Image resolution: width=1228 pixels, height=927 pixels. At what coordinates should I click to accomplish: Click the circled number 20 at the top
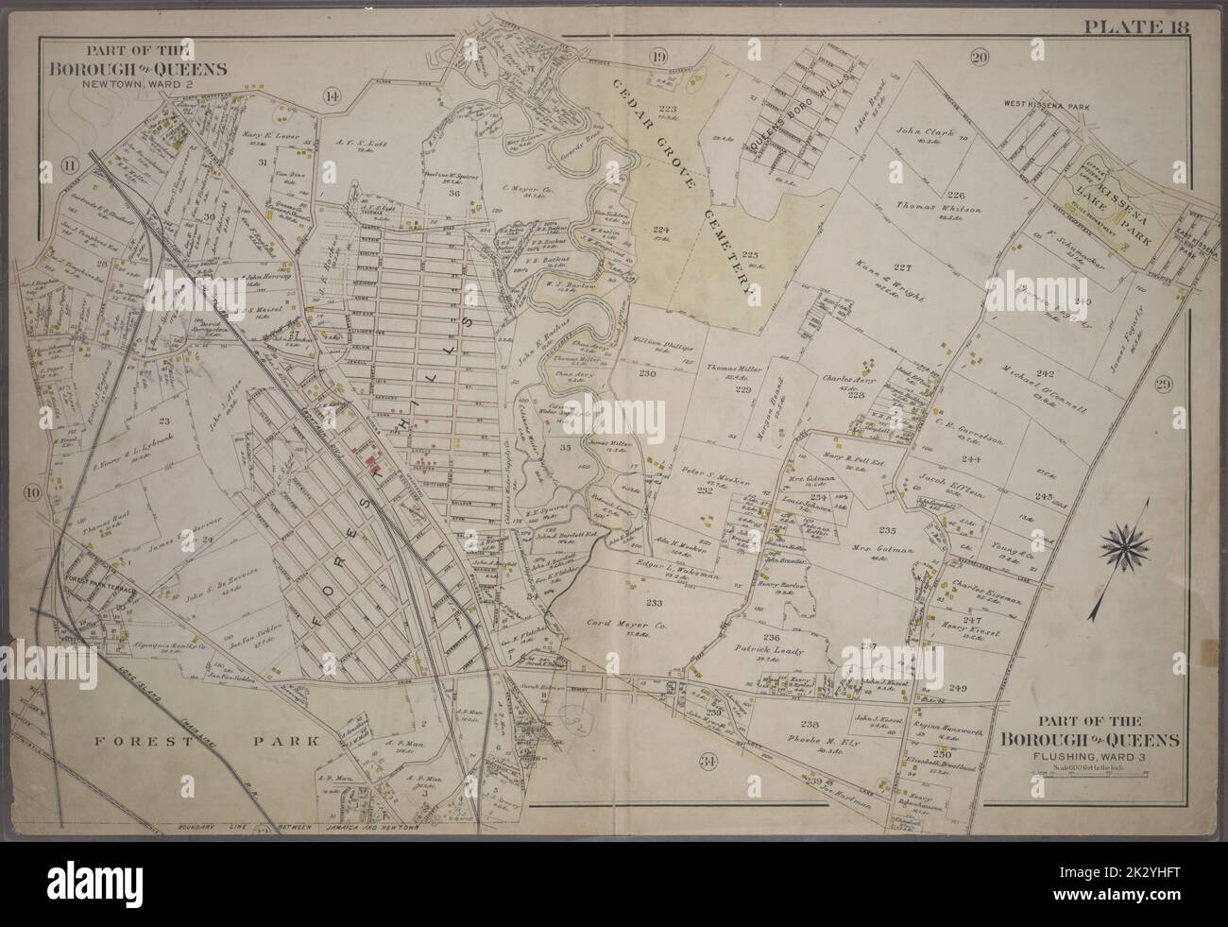click(x=980, y=58)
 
